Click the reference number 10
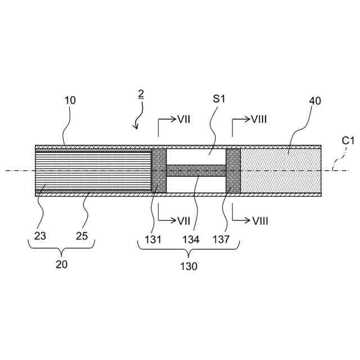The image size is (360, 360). (x=70, y=101)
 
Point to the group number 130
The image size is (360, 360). (x=189, y=267)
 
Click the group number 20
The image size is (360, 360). (x=61, y=264)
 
